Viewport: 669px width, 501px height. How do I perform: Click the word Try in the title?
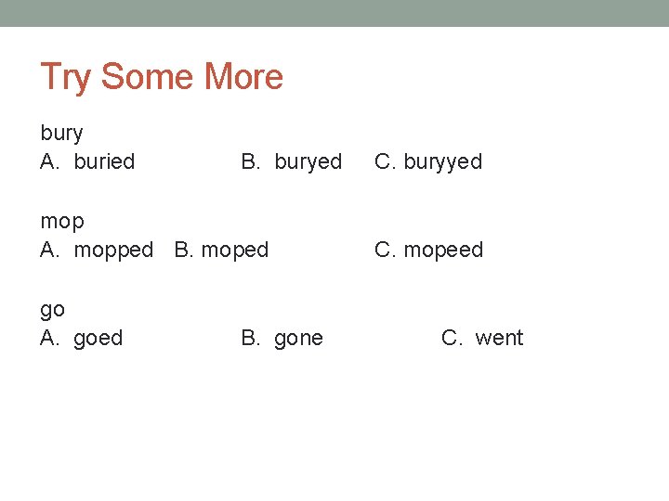point(66,78)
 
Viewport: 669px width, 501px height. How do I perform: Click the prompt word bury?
point(61,135)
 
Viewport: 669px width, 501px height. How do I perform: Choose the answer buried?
point(104,161)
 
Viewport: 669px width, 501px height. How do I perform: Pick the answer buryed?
point(308,162)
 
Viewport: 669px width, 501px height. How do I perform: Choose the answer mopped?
point(113,250)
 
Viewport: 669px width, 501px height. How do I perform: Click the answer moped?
point(234,250)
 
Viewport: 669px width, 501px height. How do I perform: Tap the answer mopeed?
point(443,250)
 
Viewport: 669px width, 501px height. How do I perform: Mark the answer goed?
point(98,339)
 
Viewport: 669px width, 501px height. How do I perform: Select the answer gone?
point(298,339)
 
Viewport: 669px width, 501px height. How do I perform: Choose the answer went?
point(499,339)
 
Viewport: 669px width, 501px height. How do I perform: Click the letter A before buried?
point(49,161)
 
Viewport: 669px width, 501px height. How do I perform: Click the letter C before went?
point(452,339)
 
